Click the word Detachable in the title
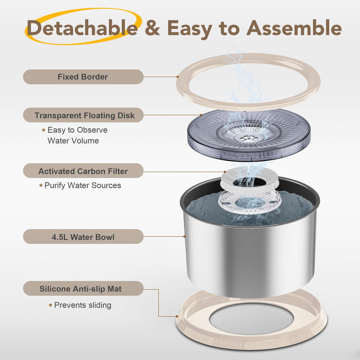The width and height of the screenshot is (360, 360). click(x=82, y=28)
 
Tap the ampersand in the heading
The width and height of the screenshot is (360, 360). click(x=152, y=28)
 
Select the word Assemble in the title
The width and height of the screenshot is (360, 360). click(x=294, y=28)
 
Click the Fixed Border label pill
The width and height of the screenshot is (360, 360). click(x=83, y=77)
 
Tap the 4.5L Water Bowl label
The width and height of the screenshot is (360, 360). click(x=83, y=237)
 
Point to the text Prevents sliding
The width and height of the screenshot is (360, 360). click(x=83, y=305)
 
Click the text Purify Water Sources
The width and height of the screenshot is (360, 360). click(x=83, y=185)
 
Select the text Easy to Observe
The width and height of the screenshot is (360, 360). click(x=77, y=130)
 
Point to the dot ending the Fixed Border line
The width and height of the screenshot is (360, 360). click(x=178, y=77)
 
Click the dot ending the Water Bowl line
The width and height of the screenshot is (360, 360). click(x=184, y=236)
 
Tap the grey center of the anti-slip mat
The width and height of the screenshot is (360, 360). click(x=251, y=319)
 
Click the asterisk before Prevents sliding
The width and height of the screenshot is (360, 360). click(x=50, y=305)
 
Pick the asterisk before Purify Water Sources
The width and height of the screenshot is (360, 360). click(x=41, y=185)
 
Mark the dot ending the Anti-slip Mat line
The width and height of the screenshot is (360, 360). click(x=177, y=316)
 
